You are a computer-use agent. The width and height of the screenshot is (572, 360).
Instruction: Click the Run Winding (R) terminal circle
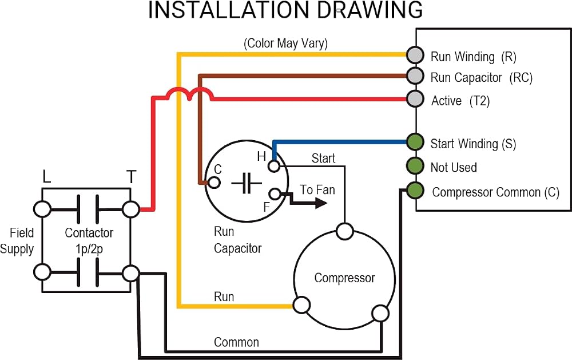click(x=415, y=55)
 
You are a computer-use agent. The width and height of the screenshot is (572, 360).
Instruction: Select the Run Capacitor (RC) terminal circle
click(x=415, y=76)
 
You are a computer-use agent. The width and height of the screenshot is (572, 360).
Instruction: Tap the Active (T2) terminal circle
click(x=415, y=98)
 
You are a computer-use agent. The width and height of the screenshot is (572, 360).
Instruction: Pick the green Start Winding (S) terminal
click(x=415, y=142)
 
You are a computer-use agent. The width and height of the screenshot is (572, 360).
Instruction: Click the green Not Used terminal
click(x=415, y=165)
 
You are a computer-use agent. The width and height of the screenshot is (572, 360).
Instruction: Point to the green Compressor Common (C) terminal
click(x=415, y=190)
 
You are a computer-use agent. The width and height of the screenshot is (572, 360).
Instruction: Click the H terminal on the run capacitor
click(x=274, y=166)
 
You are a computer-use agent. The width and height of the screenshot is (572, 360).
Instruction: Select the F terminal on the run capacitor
click(x=275, y=194)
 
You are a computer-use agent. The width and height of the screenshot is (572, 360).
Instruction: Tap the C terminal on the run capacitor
click(x=214, y=182)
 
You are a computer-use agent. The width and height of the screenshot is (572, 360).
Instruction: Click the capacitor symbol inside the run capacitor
click(x=247, y=183)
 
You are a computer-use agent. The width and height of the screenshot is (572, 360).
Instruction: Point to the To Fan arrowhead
click(x=320, y=203)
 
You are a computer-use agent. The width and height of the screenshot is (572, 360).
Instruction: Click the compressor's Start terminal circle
click(x=345, y=231)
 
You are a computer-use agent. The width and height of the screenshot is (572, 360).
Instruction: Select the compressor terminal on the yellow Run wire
click(x=301, y=305)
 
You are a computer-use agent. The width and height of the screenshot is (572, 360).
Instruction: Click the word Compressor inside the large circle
click(x=344, y=278)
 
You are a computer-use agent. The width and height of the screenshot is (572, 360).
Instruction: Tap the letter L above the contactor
click(x=46, y=177)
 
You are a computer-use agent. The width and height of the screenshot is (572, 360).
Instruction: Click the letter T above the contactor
click(x=132, y=177)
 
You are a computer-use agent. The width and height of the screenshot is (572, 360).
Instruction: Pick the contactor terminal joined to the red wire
click(x=130, y=209)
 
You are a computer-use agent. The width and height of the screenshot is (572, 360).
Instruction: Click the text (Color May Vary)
click(x=285, y=43)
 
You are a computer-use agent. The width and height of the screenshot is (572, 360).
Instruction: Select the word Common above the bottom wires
click(x=236, y=342)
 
